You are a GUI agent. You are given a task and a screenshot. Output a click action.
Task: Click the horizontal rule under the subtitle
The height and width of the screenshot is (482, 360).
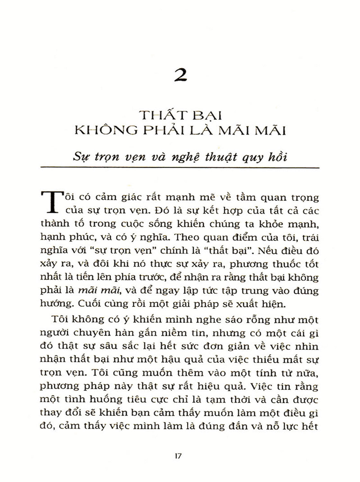click(180, 167)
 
